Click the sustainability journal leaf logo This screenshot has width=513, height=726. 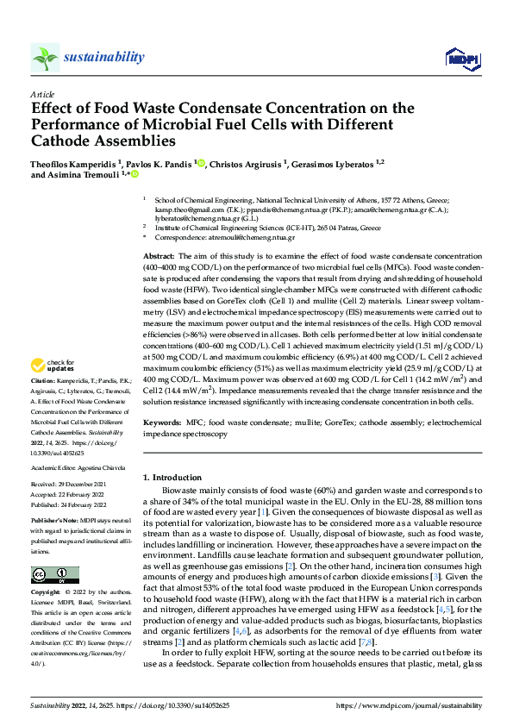pyautogui.click(x=45, y=58)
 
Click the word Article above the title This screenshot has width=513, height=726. pyautogui.click(x=42, y=94)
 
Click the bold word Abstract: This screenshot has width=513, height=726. pyautogui.click(x=159, y=257)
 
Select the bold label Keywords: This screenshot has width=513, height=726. pyautogui.click(x=161, y=423)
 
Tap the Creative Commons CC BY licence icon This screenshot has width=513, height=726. pyautogui.click(x=55, y=575)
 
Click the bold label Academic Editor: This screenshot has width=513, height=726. pyautogui.click(x=54, y=466)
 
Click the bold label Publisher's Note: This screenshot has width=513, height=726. pyautogui.click(x=54, y=522)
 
